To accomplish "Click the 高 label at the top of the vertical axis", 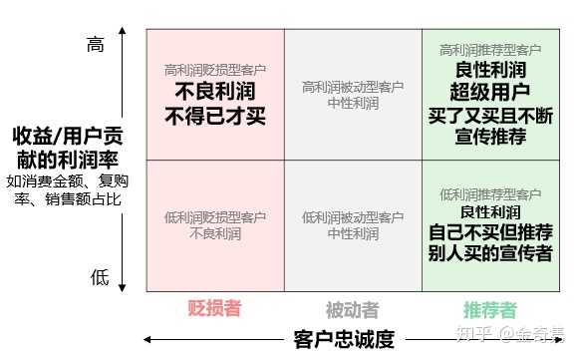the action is tap(96, 44).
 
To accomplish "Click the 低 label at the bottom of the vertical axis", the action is tap(100, 278).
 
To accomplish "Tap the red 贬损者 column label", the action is tap(214, 308).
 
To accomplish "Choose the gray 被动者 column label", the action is tap(352, 309).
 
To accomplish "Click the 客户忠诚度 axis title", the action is tap(345, 338).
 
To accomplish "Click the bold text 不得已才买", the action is tap(214, 116).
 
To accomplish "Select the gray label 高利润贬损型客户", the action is tap(214, 71).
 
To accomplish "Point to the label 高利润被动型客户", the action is tap(353, 87).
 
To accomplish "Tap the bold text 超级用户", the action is tap(489, 92).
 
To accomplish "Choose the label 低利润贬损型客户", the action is tap(214, 217).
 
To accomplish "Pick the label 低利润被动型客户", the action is tap(353, 217).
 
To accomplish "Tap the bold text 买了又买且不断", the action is tap(489, 115).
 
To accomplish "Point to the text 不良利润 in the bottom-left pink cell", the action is tap(214, 234).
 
